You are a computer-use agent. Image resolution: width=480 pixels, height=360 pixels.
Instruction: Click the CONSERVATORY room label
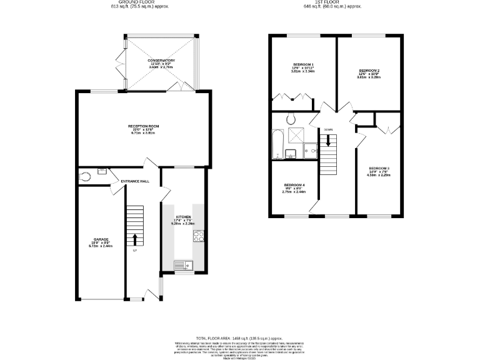tap(161, 61)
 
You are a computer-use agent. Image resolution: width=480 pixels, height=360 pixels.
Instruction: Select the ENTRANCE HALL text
tap(135, 181)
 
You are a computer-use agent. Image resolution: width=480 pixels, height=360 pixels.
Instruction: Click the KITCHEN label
tap(182, 217)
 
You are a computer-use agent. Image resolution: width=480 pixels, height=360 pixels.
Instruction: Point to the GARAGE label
tap(101, 239)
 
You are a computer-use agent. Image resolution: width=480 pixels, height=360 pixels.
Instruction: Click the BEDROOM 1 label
tap(303, 65)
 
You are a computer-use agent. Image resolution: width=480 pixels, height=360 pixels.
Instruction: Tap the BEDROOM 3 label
tap(379, 169)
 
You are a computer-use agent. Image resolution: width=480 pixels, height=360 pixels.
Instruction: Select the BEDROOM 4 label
tap(294, 185)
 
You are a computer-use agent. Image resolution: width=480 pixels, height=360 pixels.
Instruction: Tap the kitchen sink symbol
tap(183, 265)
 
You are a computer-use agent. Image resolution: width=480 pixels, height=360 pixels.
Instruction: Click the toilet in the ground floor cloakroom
tap(86, 177)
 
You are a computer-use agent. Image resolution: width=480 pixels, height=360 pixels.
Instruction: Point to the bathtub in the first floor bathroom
tap(278, 143)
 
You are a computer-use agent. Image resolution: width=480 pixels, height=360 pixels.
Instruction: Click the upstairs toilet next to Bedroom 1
tap(290, 119)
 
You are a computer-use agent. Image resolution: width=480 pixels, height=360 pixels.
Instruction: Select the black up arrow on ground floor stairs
tap(135, 239)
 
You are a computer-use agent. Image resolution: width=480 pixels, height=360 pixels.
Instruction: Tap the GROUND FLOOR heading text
tap(136, 2)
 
